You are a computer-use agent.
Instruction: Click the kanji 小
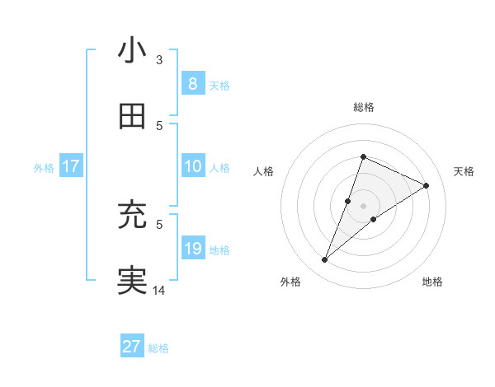tap(132, 50)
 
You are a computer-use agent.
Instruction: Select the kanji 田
tap(132, 117)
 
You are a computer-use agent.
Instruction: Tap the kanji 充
tap(132, 216)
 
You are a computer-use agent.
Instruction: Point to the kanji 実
tap(132, 281)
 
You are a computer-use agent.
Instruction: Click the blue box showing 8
tap(192, 84)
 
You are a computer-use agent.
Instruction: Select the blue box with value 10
tap(192, 166)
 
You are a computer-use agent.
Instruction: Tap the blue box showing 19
tap(192, 249)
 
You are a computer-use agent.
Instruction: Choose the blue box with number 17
tap(70, 166)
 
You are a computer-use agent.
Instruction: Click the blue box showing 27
tap(132, 347)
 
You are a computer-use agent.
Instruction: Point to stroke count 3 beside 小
tap(159, 59)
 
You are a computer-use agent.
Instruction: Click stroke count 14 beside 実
tap(159, 290)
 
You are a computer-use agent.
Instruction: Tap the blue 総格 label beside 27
tap(158, 348)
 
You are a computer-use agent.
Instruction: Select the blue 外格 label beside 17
tap(44, 168)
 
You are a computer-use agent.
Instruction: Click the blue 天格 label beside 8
tap(219, 86)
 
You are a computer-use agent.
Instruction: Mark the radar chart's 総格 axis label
tap(363, 107)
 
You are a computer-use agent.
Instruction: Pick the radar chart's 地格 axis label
tap(432, 282)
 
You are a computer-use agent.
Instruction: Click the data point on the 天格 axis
tap(427, 185)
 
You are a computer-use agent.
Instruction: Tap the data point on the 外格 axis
tap(324, 260)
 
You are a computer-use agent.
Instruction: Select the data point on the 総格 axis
tap(363, 156)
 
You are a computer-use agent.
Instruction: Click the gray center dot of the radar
tap(363, 194)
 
